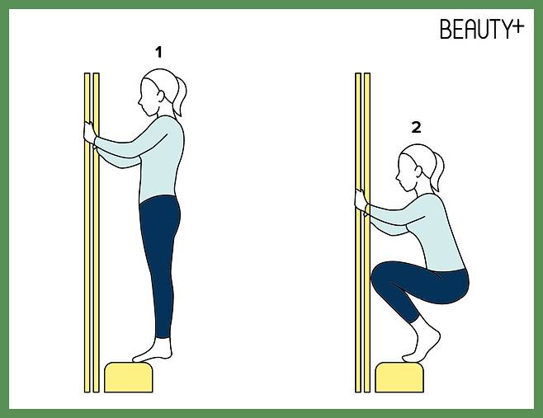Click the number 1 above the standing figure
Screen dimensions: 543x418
pyautogui.click(x=158, y=53)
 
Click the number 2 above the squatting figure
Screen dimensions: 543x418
pyautogui.click(x=416, y=128)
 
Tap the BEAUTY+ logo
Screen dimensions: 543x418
pyautogui.click(x=482, y=28)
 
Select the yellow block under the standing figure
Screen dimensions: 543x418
pyautogui.click(x=129, y=377)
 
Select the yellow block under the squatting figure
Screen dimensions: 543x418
pyautogui.click(x=399, y=377)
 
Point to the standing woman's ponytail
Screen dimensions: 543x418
pyautogui.click(x=180, y=96)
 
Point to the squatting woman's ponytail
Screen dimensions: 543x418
pyautogui.click(x=437, y=172)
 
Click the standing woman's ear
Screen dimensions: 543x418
pyautogui.click(x=160, y=96)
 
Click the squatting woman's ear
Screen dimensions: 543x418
pyautogui.click(x=418, y=171)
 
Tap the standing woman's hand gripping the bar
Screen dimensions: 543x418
pyautogui.click(x=89, y=132)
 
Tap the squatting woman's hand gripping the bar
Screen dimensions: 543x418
pyautogui.click(x=360, y=200)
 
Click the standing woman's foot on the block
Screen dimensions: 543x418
pyautogui.click(x=153, y=352)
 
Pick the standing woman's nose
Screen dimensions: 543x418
pyautogui.click(x=139, y=102)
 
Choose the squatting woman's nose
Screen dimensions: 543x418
pyautogui.click(x=397, y=177)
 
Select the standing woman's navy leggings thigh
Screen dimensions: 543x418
pyautogui.click(x=160, y=228)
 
